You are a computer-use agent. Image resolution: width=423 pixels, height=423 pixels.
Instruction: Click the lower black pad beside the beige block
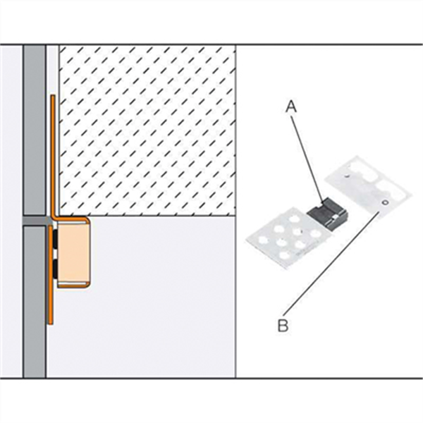point(54,267)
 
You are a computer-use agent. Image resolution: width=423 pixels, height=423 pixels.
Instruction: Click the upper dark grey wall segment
point(34,127)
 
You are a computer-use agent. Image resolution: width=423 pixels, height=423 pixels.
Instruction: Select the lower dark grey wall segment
point(34,296)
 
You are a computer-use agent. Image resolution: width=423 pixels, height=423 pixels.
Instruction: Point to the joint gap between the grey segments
point(34,216)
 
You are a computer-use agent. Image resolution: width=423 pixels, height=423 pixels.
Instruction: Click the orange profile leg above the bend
point(51,155)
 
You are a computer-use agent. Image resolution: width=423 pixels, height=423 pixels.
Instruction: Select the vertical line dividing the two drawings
point(235,211)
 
